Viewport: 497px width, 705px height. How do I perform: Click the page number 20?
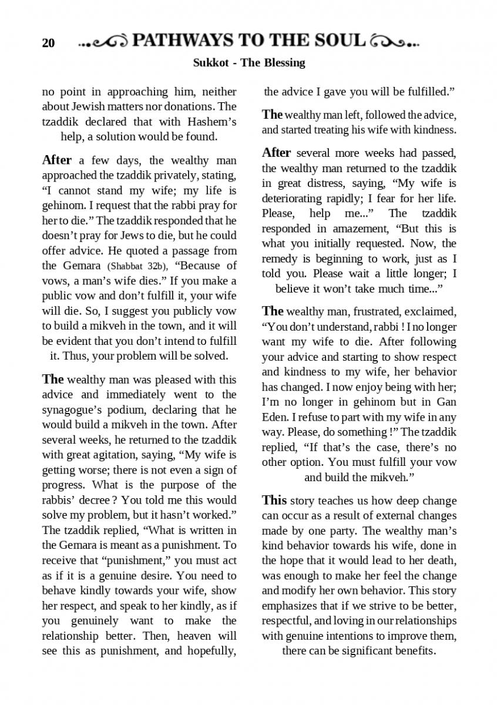tap(48, 43)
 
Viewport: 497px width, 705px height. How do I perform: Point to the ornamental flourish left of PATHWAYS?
tap(103, 42)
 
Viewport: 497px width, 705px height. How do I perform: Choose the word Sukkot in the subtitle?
tap(209, 62)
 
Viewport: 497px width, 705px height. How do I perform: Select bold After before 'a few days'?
tap(57, 160)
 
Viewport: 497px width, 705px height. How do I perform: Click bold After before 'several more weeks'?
tap(276, 153)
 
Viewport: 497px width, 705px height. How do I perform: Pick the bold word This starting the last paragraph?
tap(274, 501)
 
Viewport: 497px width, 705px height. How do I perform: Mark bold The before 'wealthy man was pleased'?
tap(52, 379)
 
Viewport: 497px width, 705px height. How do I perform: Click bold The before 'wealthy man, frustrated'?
tap(272, 311)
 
